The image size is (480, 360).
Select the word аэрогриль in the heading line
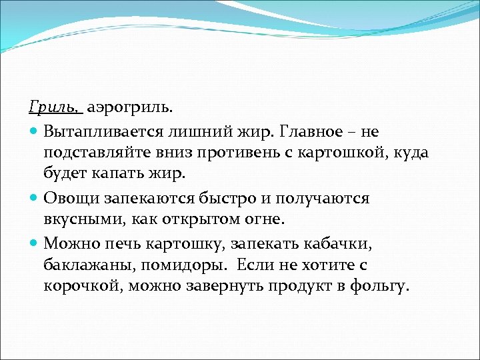tap(133, 107)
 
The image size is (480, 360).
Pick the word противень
tap(234, 153)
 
